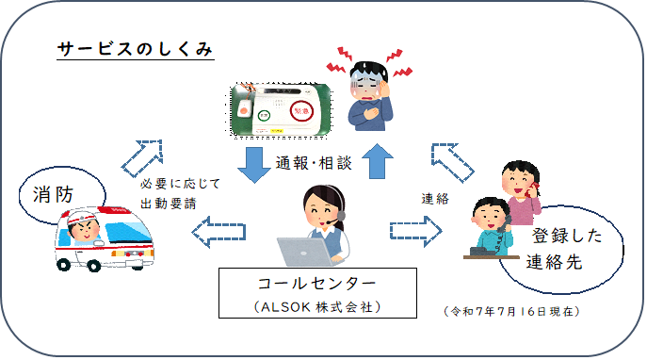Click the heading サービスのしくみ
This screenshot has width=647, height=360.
(135, 49)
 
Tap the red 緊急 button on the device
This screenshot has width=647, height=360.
(301, 111)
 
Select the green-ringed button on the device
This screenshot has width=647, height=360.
(264, 116)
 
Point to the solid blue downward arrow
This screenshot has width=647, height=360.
(254, 165)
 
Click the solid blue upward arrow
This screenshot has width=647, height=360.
(377, 161)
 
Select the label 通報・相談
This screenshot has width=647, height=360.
(314, 163)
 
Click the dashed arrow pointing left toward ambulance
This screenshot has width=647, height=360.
(218, 232)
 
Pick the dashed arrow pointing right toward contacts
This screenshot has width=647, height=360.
(416, 231)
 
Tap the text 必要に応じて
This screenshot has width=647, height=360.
(180, 184)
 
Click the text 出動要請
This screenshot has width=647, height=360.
(169, 204)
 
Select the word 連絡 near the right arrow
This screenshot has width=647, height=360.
(435, 199)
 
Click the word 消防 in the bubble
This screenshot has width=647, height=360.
(54, 194)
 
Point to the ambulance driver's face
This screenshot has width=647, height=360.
(84, 230)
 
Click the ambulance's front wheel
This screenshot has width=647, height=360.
(64, 264)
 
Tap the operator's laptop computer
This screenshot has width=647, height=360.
(305, 252)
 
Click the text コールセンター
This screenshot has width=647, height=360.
(316, 284)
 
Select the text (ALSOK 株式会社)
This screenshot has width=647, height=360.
(317, 307)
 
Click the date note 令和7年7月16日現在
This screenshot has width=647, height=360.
(511, 311)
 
